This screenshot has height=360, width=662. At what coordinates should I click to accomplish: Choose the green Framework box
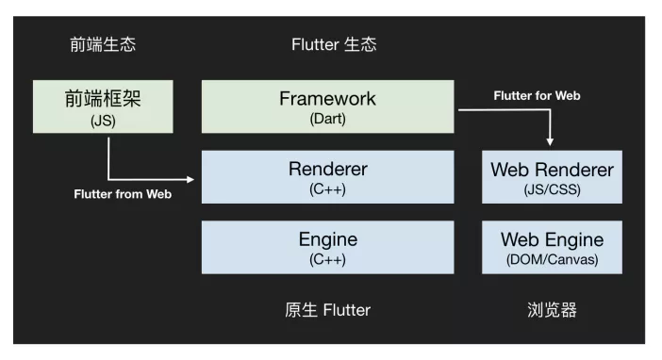tap(328, 106)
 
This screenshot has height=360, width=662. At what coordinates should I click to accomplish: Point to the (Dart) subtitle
tap(328, 120)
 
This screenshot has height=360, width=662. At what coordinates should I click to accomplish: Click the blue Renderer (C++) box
tap(328, 176)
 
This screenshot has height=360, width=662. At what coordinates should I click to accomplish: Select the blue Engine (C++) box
tap(328, 247)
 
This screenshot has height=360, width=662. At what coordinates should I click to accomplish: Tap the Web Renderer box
tap(552, 176)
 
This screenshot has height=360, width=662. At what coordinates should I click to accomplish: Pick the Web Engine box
tap(552, 247)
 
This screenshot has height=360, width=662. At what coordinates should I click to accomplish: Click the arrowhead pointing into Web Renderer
tap(551, 142)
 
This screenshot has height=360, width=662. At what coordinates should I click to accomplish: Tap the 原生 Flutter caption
tap(328, 310)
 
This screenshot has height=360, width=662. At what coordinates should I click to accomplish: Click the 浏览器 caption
tap(552, 310)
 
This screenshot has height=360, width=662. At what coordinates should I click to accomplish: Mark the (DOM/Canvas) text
tap(552, 258)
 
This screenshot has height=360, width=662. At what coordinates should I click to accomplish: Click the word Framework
tap(328, 99)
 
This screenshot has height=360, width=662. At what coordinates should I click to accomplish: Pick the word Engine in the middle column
tap(328, 239)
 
